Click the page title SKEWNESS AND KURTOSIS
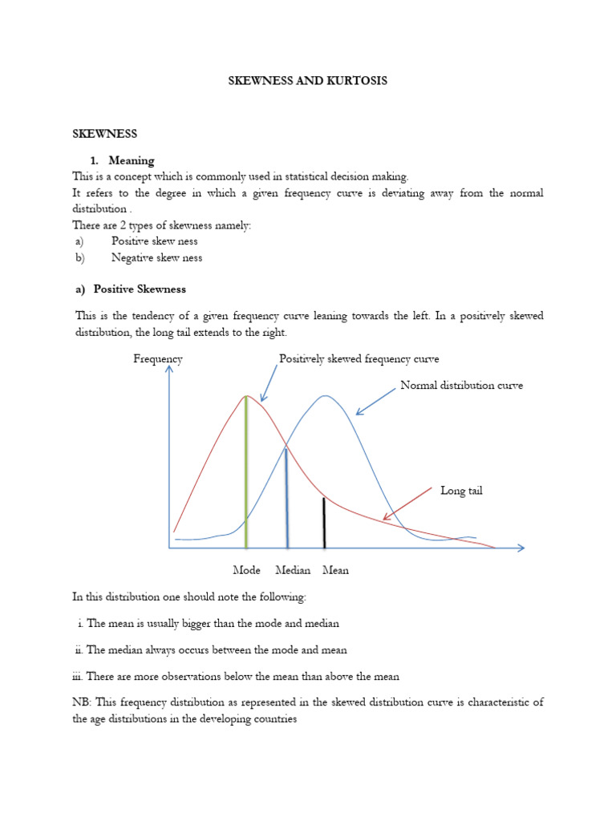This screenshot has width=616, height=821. point(307,81)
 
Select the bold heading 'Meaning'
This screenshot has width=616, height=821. point(132,160)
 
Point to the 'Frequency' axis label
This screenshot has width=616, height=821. point(157,359)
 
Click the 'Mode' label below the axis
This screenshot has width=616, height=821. point(247,571)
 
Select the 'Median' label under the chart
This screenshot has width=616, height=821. point(293,571)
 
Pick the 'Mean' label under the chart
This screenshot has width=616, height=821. point(335,571)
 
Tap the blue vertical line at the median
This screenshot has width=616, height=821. point(286,497)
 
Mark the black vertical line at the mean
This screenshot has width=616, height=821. point(324,523)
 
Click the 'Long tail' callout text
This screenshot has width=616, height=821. point(461,491)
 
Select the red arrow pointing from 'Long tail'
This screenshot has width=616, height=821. point(409,504)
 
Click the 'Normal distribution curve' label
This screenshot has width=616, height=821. point(461,386)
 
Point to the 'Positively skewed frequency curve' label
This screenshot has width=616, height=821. point(359,359)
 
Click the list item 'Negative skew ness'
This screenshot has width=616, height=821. point(156,258)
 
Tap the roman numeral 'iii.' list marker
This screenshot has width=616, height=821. point(77,677)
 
